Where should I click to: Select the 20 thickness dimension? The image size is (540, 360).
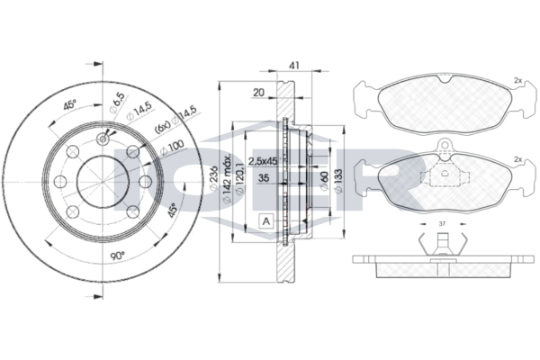point(258,93)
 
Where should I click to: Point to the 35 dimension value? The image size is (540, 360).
point(264,180)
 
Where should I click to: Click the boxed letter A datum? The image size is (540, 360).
point(267,221)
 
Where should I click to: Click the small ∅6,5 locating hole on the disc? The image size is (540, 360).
point(104,137)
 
